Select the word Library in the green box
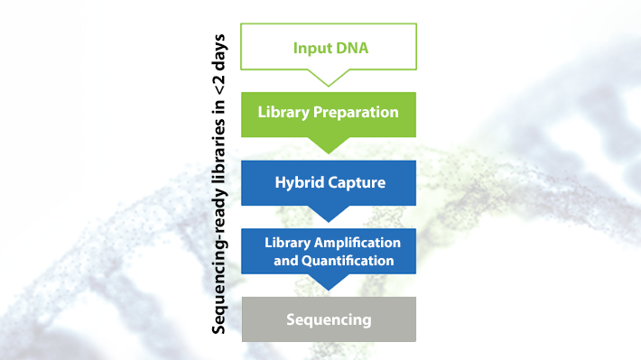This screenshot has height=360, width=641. (281, 114)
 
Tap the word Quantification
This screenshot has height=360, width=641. (348, 261)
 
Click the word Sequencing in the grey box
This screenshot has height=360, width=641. (329, 319)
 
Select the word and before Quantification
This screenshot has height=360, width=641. (286, 261)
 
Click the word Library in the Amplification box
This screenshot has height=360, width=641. (287, 244)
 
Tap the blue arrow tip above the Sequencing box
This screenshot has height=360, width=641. (329, 283)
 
